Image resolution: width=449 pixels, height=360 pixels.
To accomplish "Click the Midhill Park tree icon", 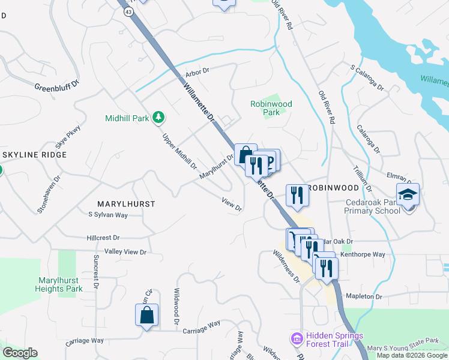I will coord(158,117).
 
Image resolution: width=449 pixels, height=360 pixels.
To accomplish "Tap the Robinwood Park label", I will coord(271,108).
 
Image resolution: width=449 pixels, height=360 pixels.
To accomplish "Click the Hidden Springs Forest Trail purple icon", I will coord(295,340).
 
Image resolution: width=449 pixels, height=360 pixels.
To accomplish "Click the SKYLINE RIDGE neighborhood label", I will coord(34,155).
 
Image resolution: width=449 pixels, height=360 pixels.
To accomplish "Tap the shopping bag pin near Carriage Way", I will coord(147,315).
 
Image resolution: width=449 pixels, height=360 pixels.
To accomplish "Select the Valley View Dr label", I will coord(125,252).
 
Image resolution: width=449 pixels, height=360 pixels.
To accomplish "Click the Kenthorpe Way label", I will coord(363,254).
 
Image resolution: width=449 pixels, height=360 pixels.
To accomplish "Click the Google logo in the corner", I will coord(20,353).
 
